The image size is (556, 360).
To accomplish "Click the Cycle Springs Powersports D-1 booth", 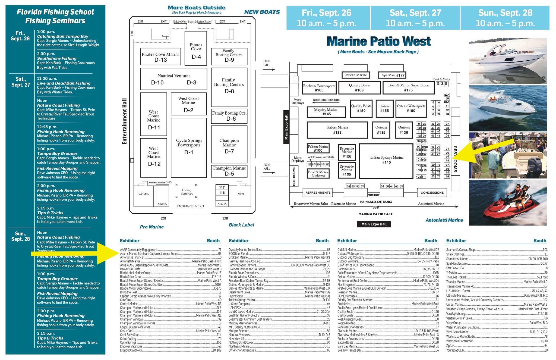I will (x=189, y=148).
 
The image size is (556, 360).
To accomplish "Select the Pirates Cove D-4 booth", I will (x=196, y=48).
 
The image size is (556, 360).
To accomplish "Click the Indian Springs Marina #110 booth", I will (x=386, y=160).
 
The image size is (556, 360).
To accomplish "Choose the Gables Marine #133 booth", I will (x=337, y=130).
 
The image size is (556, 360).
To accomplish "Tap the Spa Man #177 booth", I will (x=392, y=75).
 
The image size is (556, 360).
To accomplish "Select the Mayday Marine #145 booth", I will (x=326, y=112).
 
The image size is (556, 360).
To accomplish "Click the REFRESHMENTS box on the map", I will (x=318, y=193).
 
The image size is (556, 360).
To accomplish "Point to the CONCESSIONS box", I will (x=432, y=193).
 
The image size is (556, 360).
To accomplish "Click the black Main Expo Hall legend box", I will (x=374, y=224).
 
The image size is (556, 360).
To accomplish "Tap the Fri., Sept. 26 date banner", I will (x=327, y=18).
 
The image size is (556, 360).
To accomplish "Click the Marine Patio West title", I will (x=379, y=42).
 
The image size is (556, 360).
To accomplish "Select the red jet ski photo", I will (x=508, y=203).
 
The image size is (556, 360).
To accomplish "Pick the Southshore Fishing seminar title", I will (x=57, y=58).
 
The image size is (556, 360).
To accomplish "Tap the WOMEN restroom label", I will (x=144, y=194).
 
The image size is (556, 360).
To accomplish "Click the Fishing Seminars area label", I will (x=187, y=192).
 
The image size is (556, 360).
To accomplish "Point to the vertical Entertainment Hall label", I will (x=125, y=121).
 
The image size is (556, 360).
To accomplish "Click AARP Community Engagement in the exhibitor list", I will (x=139, y=250).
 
